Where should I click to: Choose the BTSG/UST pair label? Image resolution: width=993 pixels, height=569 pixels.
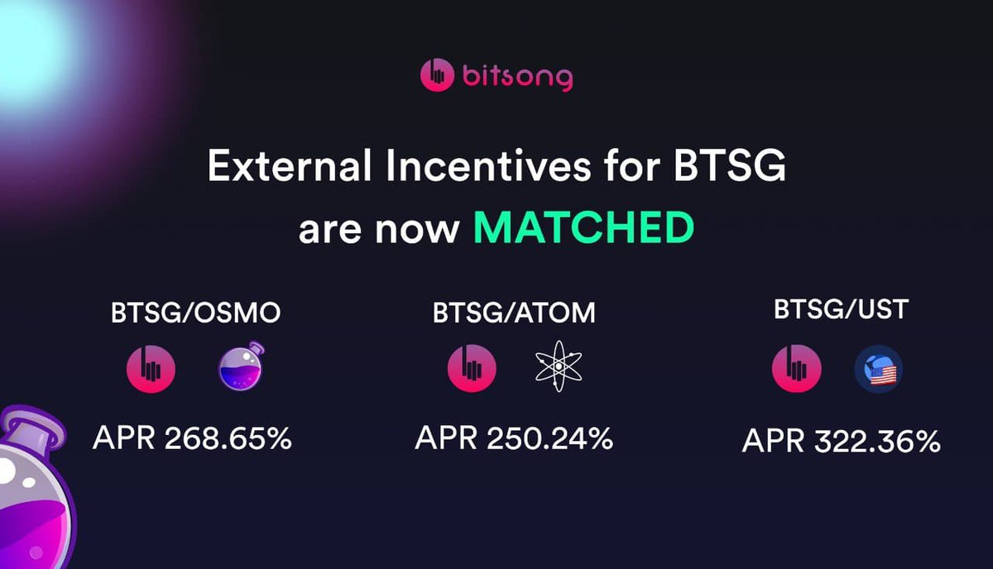point(842,310)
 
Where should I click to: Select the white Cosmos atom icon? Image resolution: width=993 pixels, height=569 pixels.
point(559,366)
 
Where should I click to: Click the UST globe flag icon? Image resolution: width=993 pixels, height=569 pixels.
point(879,369)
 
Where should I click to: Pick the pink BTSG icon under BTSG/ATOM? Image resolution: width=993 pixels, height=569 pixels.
point(472,367)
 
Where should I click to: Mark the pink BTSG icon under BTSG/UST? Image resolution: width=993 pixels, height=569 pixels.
point(796,369)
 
